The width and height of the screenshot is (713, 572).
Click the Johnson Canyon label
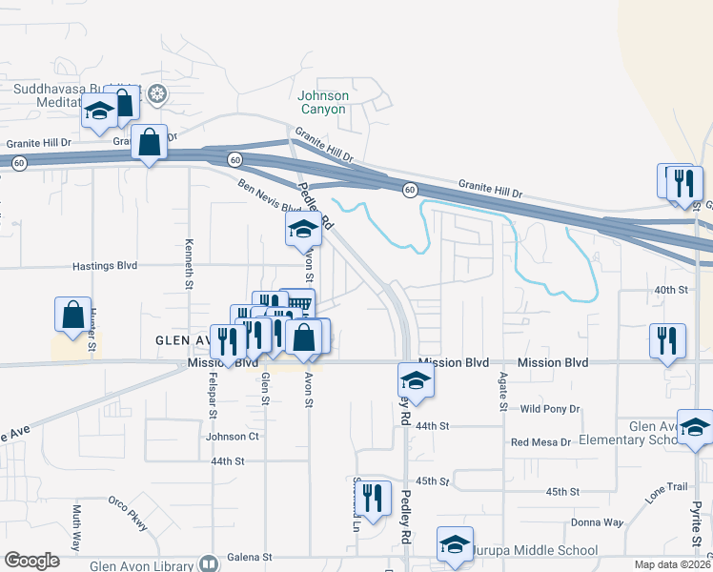click(323, 102)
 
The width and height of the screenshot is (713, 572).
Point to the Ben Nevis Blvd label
click(262, 196)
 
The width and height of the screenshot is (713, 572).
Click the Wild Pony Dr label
click(551, 409)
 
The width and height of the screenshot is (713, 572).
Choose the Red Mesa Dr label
click(540, 442)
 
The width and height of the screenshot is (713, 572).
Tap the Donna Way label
click(597, 522)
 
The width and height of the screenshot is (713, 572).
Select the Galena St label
click(251, 557)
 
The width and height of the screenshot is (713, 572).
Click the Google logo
click(31, 561)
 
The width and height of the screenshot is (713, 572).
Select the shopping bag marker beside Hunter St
click(72, 315)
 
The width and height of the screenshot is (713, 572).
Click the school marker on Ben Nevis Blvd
click(303, 229)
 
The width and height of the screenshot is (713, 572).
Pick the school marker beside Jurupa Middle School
click(455, 545)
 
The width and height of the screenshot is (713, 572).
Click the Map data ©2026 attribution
click(671, 564)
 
